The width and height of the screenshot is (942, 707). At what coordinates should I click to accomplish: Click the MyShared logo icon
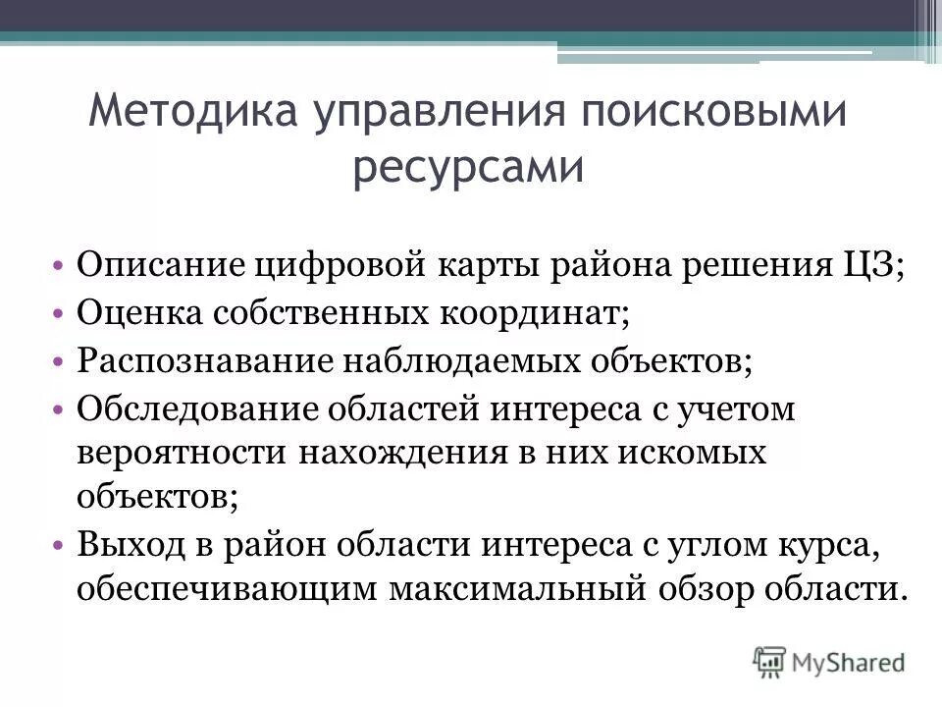770,660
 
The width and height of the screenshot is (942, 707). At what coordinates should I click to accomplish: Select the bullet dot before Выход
61,543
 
